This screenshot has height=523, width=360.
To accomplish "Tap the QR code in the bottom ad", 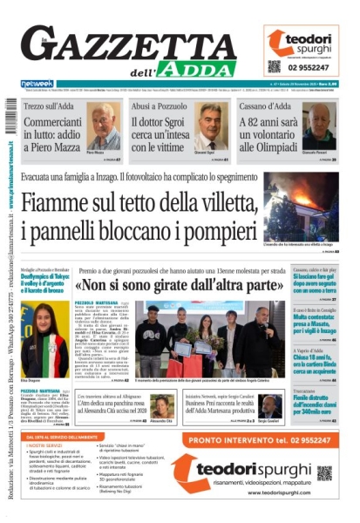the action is [324, 472].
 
